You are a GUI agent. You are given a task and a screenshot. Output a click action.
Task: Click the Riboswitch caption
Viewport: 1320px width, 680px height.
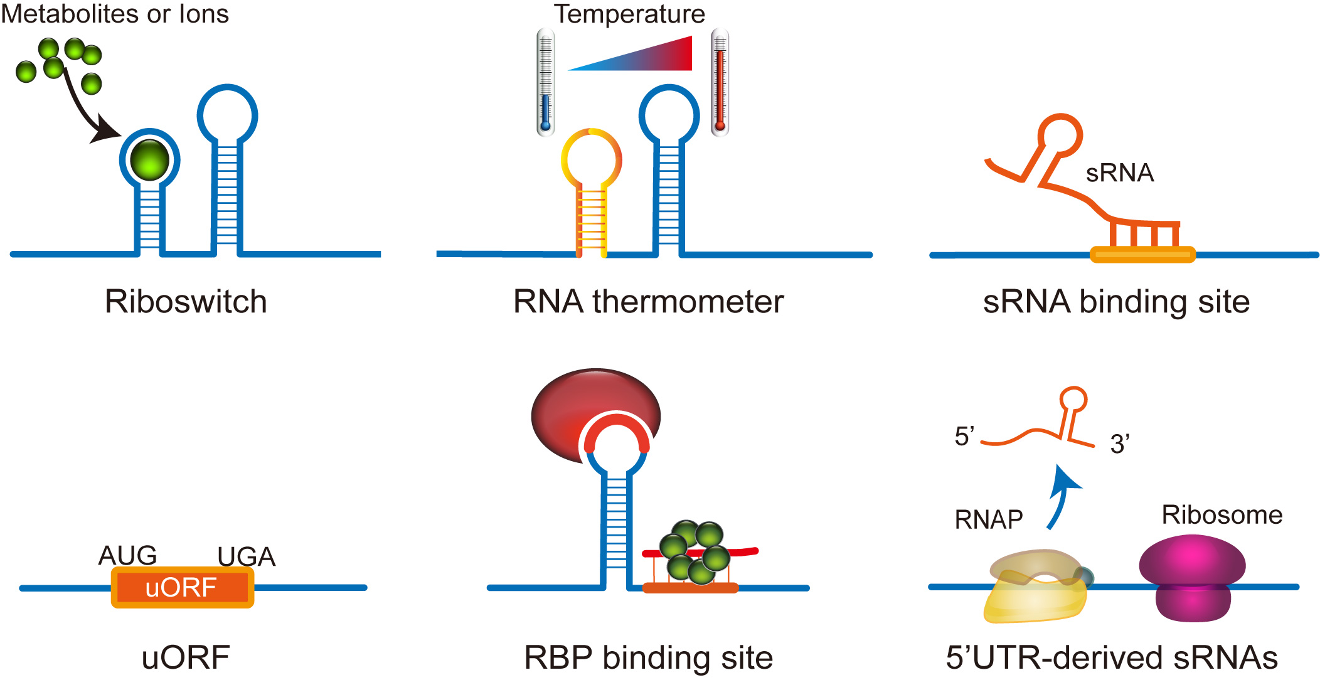point(186,302)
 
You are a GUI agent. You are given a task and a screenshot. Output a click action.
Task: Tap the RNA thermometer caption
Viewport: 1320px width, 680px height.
point(648,302)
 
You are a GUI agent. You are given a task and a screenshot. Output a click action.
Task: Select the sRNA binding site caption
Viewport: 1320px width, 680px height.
point(1116,302)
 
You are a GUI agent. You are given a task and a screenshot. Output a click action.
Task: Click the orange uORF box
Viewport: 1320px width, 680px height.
point(182,588)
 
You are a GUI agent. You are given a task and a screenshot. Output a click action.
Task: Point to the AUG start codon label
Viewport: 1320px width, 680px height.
point(127,555)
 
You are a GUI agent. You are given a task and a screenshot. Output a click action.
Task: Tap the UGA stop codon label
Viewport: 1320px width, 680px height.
point(246,556)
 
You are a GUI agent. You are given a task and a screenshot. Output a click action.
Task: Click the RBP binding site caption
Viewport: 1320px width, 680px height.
point(648,658)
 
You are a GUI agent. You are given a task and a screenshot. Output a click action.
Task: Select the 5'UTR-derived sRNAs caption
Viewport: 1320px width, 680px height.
point(1112,658)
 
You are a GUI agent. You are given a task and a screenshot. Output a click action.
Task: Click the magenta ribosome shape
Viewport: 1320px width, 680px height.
point(1192,577)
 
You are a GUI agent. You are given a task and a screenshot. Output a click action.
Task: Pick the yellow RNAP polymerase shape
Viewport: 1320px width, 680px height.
point(1035,593)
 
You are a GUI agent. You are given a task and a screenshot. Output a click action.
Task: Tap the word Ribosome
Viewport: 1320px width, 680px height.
point(1222,515)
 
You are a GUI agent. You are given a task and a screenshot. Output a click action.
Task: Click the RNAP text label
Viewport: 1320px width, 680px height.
point(989,520)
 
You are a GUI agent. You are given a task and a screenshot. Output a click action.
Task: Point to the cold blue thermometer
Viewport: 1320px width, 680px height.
point(545,82)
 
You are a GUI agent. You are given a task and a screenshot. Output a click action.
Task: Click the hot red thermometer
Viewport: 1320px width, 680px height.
point(720,82)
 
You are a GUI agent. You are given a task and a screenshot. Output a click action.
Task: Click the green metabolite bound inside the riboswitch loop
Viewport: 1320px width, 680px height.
point(149,160)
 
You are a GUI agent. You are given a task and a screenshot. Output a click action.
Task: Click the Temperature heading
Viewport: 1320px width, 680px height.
point(629,14)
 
